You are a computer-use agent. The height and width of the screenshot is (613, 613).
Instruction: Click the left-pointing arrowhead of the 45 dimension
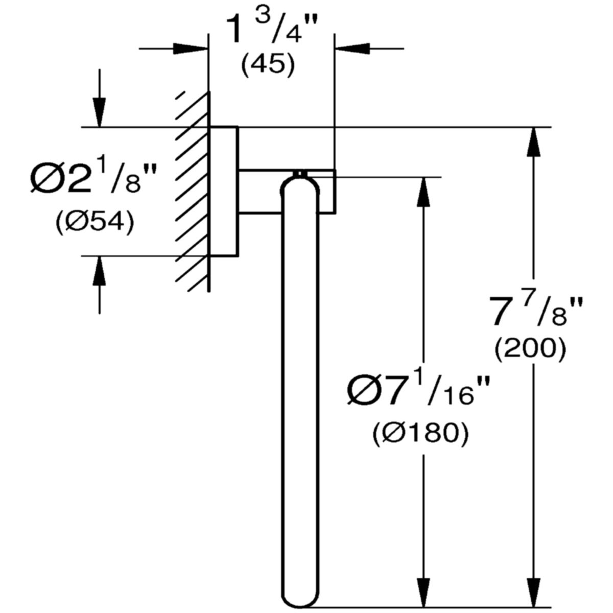coord(353,49)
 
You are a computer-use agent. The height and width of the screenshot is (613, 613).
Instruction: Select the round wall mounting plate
coord(224,191)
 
